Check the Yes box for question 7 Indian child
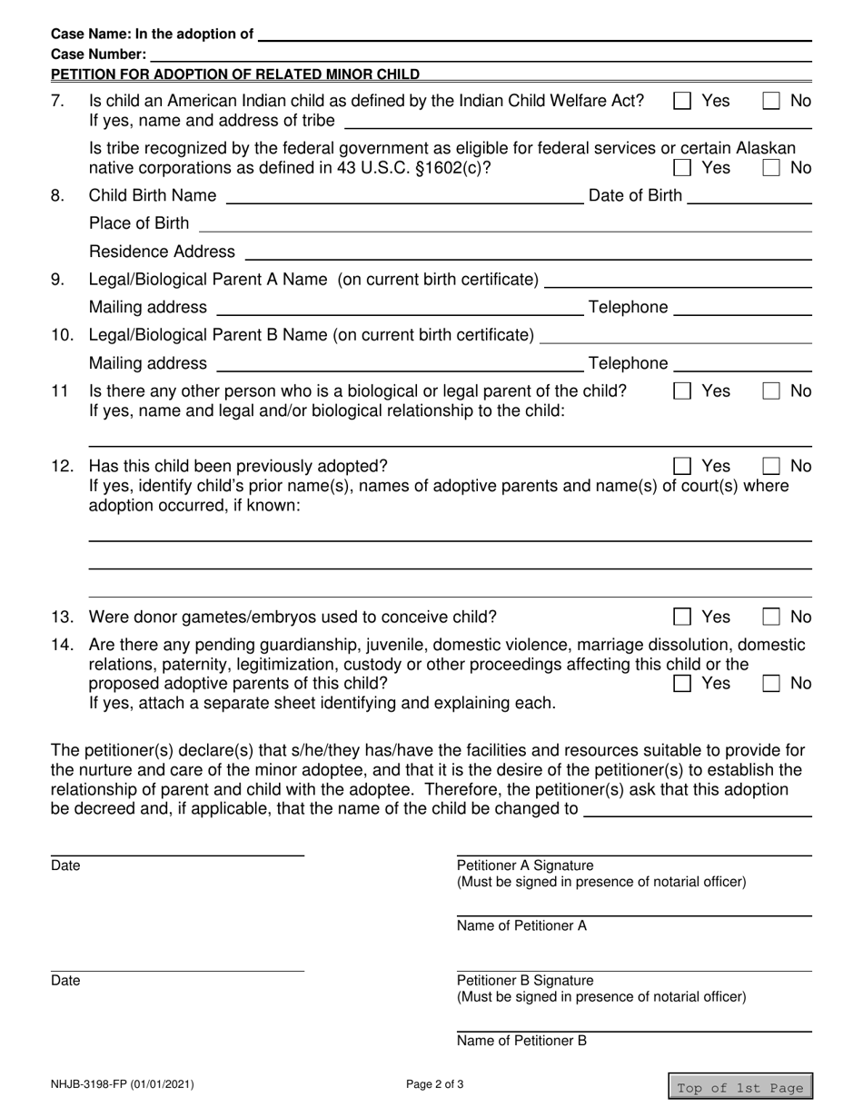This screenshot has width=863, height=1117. click(681, 101)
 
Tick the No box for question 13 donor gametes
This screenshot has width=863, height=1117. click(770, 617)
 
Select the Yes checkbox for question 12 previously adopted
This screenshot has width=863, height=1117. click(681, 466)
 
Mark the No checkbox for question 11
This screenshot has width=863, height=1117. click(770, 390)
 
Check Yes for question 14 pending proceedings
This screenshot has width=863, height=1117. click(681, 683)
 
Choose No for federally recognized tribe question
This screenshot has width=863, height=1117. click(770, 167)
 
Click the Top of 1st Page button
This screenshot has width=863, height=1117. click(740, 1087)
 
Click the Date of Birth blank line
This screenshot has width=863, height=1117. click(749, 196)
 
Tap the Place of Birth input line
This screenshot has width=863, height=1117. click(504, 223)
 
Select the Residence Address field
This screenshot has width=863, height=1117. click(527, 252)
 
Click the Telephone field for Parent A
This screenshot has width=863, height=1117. click(742, 308)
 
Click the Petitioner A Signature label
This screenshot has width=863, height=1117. click(524, 865)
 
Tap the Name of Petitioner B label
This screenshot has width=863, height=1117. click(521, 1041)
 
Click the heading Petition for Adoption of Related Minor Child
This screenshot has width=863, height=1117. click(235, 74)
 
